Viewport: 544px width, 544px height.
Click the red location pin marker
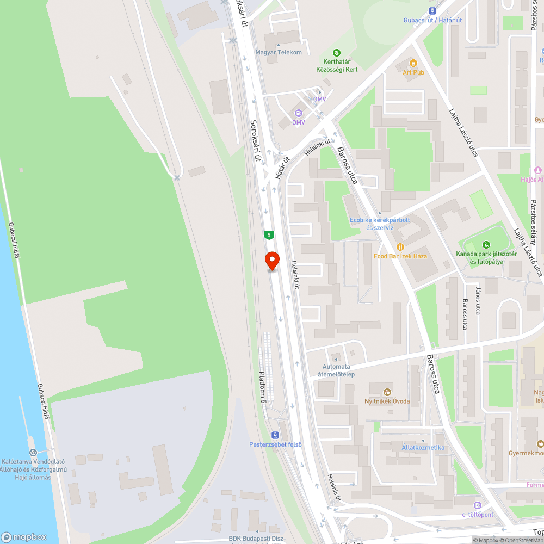(x=271, y=261)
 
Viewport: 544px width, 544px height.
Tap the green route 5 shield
(x=269, y=235)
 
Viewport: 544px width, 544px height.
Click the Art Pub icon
(x=413, y=63)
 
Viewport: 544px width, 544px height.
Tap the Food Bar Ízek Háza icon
(x=400, y=246)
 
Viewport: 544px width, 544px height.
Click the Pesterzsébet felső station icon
(x=275, y=435)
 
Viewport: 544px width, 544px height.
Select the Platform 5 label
(x=262, y=387)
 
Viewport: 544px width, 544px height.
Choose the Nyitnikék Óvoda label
(x=387, y=401)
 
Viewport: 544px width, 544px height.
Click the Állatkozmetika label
(x=423, y=448)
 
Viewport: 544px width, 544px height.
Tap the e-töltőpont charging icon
(x=477, y=505)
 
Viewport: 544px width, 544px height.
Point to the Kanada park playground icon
(x=486, y=244)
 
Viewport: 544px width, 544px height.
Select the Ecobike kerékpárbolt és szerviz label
(x=379, y=224)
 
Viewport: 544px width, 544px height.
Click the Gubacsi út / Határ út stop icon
(x=432, y=10)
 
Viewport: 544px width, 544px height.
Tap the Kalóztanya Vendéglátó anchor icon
(x=33, y=452)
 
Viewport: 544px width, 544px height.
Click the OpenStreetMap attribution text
(x=522, y=540)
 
